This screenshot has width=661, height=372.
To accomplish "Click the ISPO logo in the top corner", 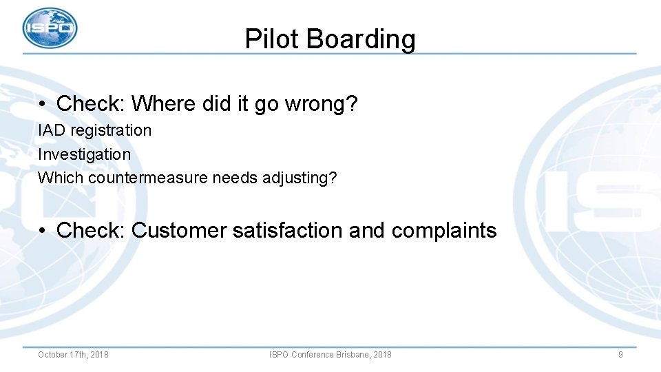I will [50, 28].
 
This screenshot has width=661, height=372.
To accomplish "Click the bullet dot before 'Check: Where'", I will [43, 105].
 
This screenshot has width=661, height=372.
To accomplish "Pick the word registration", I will [111, 130].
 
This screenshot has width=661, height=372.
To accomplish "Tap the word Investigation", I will [84, 154].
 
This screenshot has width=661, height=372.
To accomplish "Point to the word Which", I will [61, 178].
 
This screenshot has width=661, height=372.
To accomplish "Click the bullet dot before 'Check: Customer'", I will [43, 231].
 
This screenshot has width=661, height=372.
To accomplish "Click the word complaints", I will [444, 230].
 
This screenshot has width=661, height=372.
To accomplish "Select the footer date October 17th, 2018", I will [73, 355].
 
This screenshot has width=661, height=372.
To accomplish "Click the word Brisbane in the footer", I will [353, 355].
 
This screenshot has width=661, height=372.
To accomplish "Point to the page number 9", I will [620, 355].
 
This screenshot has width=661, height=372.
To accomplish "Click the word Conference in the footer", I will [313, 355].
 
